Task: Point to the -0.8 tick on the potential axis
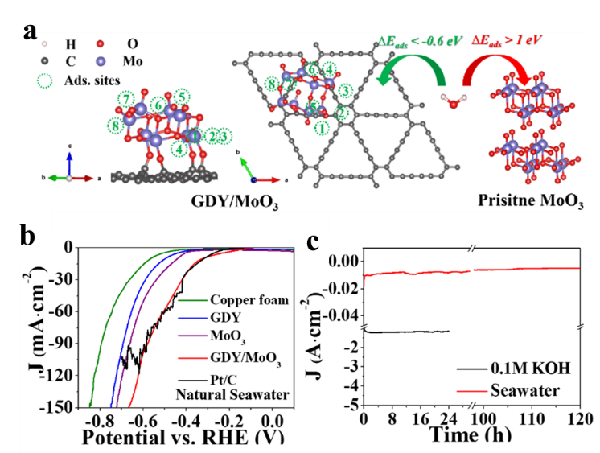coord(99,419)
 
